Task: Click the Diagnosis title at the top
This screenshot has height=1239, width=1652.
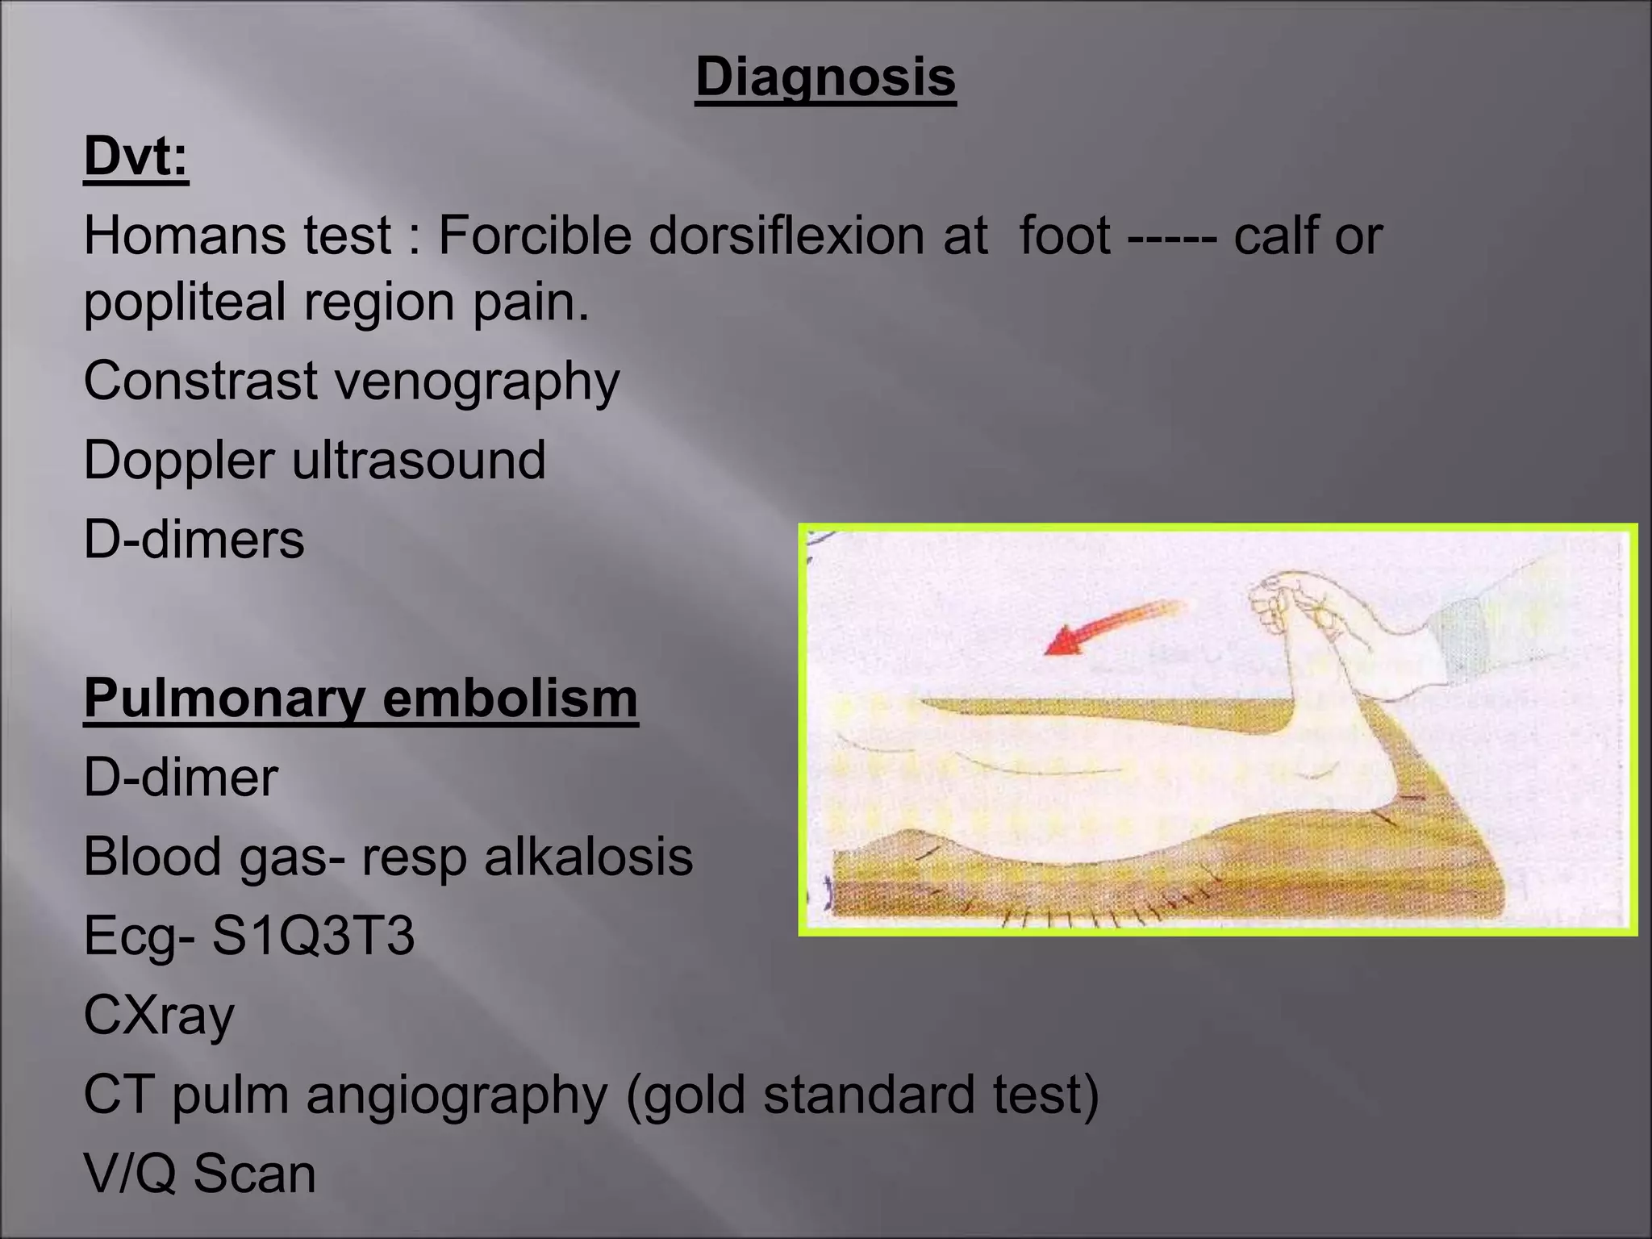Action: (x=825, y=78)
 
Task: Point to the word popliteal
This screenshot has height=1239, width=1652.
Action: (x=185, y=302)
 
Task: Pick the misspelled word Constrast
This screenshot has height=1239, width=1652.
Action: (x=201, y=381)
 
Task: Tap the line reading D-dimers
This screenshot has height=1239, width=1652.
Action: (x=194, y=540)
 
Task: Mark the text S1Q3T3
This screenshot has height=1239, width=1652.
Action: (x=313, y=937)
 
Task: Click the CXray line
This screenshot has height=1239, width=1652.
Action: (x=159, y=1016)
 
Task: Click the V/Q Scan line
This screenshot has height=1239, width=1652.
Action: (x=199, y=1174)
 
